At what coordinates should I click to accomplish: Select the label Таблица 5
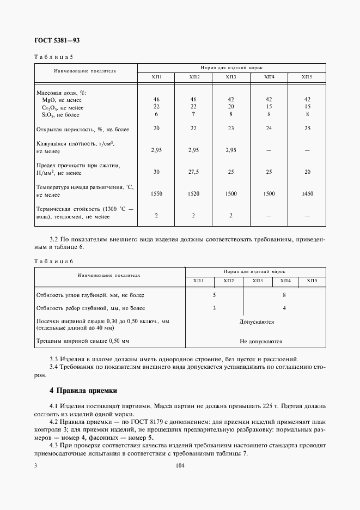click(x=53, y=57)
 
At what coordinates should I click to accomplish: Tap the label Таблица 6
click(x=53, y=262)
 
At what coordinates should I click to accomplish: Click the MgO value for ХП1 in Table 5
click(x=156, y=100)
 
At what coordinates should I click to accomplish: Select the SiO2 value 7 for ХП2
click(x=194, y=114)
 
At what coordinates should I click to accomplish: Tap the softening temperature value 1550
click(x=156, y=193)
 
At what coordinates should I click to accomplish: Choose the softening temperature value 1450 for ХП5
click(x=307, y=193)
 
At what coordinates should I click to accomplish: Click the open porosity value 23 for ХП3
click(x=231, y=128)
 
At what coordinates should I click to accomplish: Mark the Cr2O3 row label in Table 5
click(x=60, y=107)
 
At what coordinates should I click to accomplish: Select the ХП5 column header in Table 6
click(x=312, y=281)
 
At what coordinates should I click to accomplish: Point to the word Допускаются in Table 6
click(x=257, y=322)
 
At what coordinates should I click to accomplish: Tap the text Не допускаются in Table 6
click(x=261, y=341)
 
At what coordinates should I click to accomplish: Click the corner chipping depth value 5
click(x=214, y=295)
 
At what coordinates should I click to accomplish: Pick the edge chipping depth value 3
click(x=214, y=308)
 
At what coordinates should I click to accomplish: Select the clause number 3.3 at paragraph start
click(x=53, y=359)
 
